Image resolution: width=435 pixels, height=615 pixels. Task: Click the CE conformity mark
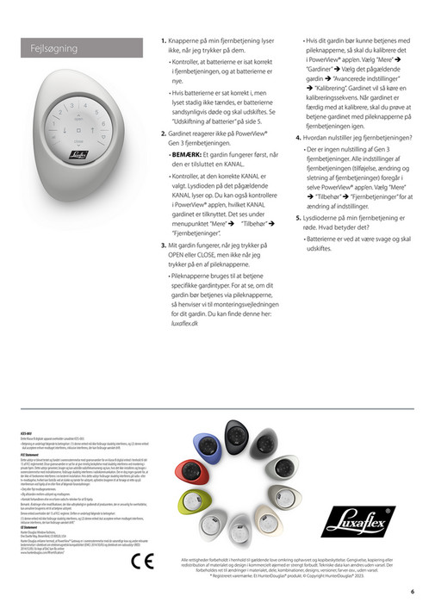click(x=142, y=561)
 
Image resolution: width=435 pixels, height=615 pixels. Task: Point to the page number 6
click(x=413, y=591)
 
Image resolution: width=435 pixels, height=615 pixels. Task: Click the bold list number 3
click(x=164, y=245)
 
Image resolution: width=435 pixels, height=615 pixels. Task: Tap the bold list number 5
click(x=299, y=218)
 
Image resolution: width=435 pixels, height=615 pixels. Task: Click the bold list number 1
click(x=164, y=40)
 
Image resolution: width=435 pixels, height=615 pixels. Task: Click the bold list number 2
click(x=164, y=134)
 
